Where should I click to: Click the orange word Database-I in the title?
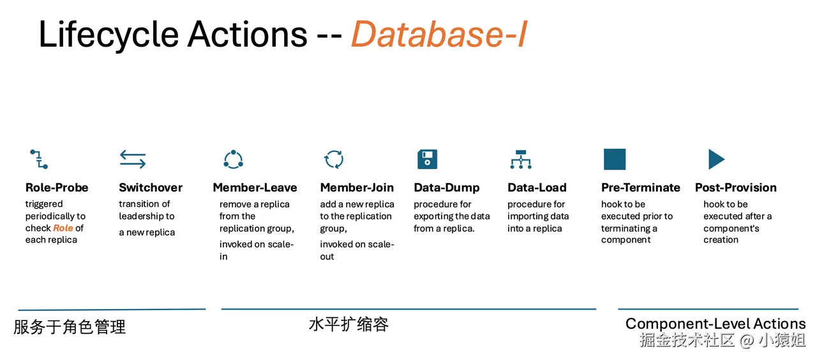[439, 34]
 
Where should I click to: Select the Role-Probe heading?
[57, 188]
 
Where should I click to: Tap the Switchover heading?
[151, 188]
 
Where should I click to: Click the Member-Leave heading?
[255, 188]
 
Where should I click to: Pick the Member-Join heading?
[357, 188]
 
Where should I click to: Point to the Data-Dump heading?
[447, 188]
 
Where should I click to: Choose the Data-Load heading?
[537, 188]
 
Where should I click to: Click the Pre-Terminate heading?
[641, 188]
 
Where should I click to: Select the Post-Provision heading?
[736, 188]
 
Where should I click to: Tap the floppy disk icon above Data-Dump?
[428, 160]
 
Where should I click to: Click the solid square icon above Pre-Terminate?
[615, 160]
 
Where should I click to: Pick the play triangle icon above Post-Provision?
[716, 160]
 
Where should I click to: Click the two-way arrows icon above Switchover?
[133, 160]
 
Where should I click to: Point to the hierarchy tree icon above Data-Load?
[521, 160]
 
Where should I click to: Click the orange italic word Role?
[63, 228]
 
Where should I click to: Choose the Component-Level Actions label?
[716, 324]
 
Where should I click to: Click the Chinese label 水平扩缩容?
[349, 324]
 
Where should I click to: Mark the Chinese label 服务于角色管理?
[70, 327]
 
